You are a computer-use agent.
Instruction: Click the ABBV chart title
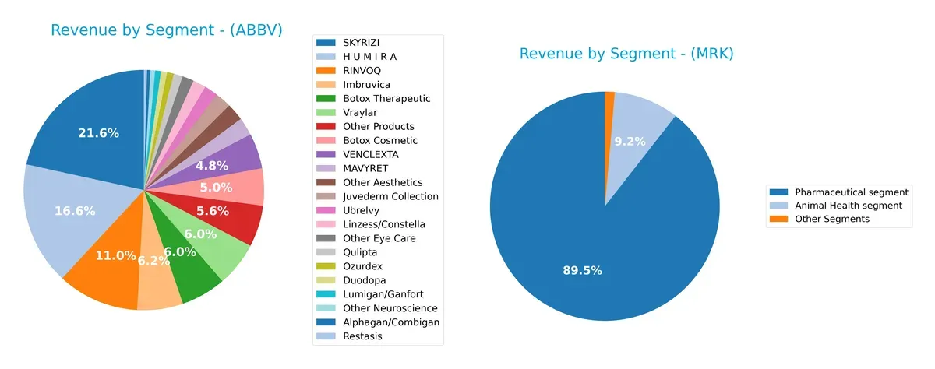[x=166, y=30]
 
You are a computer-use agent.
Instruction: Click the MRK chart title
[x=626, y=54]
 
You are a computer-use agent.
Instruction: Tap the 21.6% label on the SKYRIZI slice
[x=98, y=133]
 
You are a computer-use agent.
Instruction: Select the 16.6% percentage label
[x=75, y=211]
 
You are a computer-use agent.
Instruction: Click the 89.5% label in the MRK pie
[x=582, y=270]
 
